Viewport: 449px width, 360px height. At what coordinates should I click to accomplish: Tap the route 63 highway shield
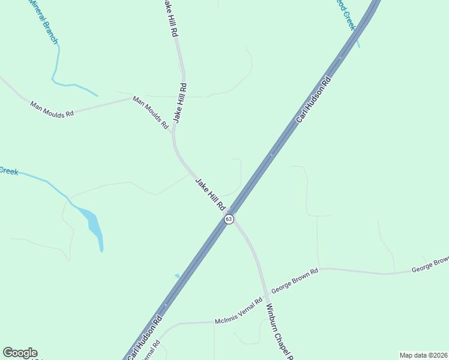click(229, 220)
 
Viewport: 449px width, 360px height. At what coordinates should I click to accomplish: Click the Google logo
click(20, 353)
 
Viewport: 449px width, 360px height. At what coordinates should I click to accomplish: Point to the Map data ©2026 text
click(424, 355)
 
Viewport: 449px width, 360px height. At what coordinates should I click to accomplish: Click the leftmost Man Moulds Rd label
click(52, 109)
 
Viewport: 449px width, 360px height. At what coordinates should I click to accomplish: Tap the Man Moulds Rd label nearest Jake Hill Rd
click(151, 113)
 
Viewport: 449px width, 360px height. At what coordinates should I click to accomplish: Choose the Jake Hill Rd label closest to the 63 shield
click(210, 193)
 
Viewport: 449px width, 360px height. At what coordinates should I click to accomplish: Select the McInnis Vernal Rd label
click(239, 312)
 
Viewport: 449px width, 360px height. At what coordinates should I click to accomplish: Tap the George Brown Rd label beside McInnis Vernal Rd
click(294, 280)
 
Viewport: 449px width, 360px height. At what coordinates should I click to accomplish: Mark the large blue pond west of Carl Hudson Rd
click(94, 226)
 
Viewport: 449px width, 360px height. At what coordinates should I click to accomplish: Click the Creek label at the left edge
click(8, 171)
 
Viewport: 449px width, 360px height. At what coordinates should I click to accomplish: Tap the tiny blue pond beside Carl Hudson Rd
click(176, 276)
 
